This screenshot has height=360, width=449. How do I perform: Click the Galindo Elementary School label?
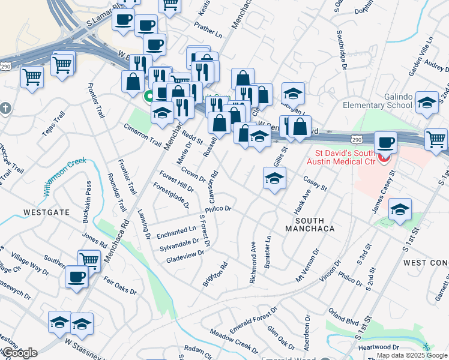[378, 100]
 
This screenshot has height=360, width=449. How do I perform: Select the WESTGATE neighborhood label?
[46, 212]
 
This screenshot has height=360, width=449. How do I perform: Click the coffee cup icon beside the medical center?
[385, 143]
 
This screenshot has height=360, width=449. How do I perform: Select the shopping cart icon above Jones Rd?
[89, 260]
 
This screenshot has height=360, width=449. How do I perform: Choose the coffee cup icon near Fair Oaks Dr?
[77, 277]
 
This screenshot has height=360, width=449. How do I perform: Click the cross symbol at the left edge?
[6, 109]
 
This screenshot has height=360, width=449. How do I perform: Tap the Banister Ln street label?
[268, 247]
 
